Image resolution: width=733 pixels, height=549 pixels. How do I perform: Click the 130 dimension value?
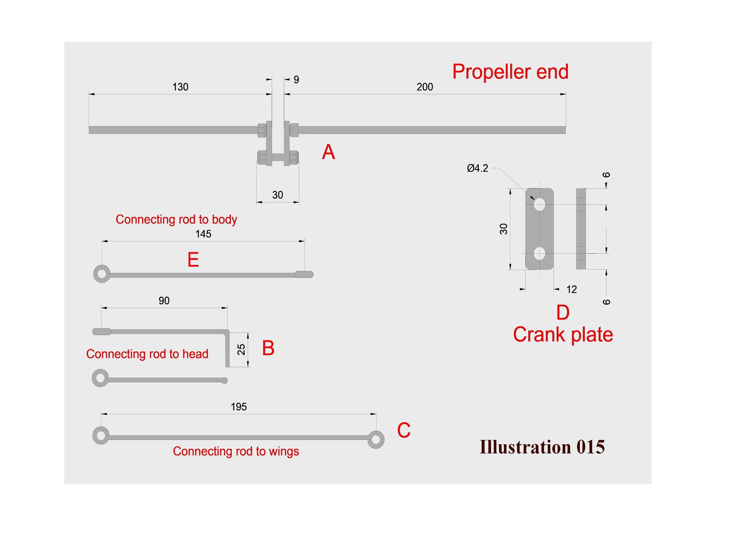180,87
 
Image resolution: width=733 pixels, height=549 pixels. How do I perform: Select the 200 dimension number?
425,87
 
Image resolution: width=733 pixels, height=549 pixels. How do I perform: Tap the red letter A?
328,152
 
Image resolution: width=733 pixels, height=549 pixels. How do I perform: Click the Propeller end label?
510,72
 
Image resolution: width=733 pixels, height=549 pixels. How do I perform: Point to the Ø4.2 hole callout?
477,168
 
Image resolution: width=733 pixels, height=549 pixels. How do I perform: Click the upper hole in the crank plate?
539,204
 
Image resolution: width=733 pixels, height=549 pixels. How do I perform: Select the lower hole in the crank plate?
539,253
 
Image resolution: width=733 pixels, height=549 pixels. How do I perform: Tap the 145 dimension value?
203,234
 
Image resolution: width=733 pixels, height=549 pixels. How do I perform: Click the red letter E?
193,260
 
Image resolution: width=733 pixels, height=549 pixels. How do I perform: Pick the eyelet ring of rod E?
102,274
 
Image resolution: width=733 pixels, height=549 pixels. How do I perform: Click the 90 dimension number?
164,301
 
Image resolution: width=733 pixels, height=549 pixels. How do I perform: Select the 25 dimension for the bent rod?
241,349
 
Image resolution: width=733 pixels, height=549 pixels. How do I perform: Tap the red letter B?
268,348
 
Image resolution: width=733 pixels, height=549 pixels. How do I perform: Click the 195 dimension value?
239,407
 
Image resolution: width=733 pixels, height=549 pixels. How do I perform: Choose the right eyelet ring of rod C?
376,439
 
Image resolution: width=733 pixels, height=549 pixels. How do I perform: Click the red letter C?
403,431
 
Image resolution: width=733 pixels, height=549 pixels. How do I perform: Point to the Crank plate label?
563,335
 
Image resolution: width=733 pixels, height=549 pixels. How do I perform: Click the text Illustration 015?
542,447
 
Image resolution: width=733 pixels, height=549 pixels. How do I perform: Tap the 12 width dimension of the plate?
571,289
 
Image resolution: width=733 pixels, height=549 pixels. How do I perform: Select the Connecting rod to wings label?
236,451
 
